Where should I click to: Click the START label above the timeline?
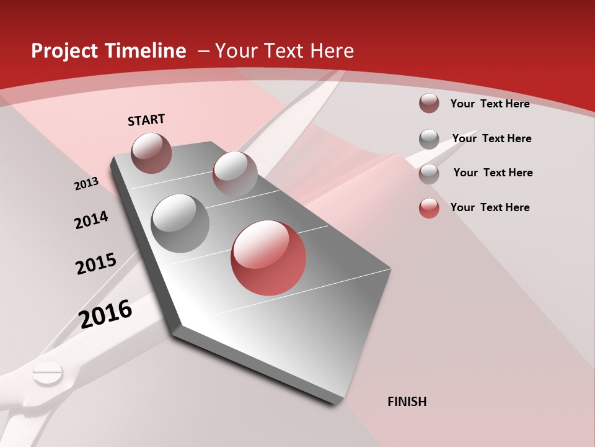(146, 120)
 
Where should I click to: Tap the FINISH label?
(407, 402)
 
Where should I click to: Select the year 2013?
(87, 184)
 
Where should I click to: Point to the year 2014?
(91, 220)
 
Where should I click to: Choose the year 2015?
(96, 264)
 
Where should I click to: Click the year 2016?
(105, 314)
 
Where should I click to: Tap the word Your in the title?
(237, 51)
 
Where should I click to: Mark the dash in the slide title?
(203, 51)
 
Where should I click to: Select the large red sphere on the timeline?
(268, 258)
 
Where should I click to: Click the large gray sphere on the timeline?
(180, 223)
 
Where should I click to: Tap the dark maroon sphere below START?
(151, 153)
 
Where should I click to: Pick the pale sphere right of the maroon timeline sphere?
(235, 174)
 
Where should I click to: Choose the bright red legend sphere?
(429, 208)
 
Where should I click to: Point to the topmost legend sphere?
(429, 103)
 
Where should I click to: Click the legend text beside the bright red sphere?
(490, 207)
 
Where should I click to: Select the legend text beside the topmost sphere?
(490, 104)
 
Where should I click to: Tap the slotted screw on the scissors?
(48, 374)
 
